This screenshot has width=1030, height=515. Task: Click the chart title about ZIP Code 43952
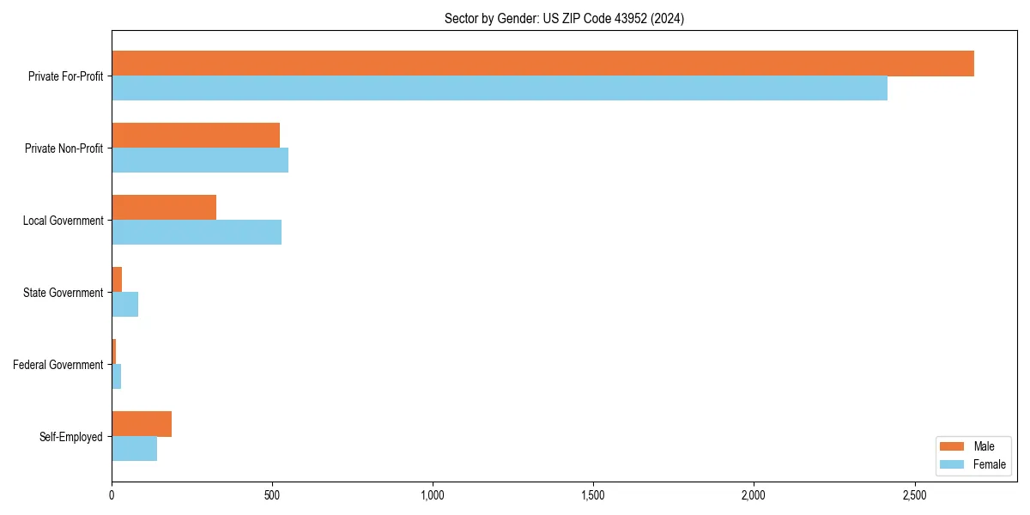click(x=564, y=18)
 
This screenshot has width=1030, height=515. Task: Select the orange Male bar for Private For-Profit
click(x=542, y=64)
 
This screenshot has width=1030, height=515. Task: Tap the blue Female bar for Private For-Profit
click(x=500, y=88)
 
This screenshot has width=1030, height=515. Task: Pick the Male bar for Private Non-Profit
click(x=196, y=136)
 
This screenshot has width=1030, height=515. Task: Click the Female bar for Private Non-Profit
click(x=200, y=161)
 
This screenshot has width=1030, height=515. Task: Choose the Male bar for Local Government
click(x=164, y=208)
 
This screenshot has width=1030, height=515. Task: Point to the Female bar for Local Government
click(x=197, y=233)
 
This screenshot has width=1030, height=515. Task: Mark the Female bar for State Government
click(x=125, y=305)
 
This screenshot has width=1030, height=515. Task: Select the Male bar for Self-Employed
click(x=142, y=424)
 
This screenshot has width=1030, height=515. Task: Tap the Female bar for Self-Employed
click(x=135, y=449)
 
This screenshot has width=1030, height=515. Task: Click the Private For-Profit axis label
click(x=65, y=76)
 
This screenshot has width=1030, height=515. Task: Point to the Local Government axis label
click(x=63, y=221)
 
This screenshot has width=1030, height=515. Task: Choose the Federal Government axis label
click(x=58, y=365)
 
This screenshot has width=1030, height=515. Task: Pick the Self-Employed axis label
click(x=70, y=437)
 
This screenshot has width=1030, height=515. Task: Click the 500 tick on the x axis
click(x=272, y=496)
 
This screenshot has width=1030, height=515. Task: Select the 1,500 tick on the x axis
click(x=593, y=496)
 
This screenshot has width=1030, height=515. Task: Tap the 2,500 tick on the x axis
click(x=914, y=496)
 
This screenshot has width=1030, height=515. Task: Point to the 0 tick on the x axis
click(x=112, y=496)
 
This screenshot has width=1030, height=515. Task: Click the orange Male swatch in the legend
click(x=953, y=446)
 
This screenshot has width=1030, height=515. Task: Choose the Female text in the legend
click(x=990, y=464)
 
